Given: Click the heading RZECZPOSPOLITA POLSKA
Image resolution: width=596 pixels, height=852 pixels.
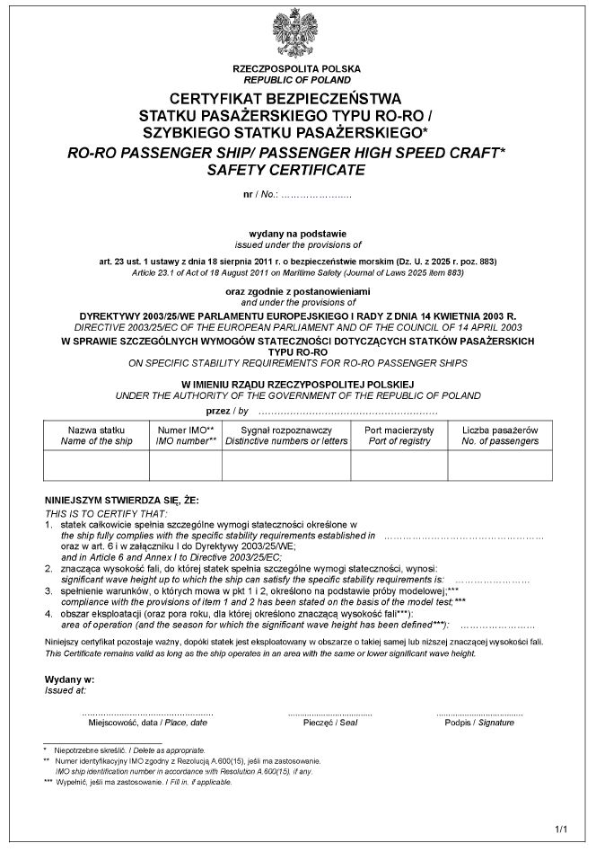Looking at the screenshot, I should coord(296,69).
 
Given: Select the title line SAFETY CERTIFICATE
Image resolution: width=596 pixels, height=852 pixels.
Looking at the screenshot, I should coord(286,169).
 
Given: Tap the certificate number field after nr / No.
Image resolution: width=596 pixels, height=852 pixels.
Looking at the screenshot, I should coord(316,195).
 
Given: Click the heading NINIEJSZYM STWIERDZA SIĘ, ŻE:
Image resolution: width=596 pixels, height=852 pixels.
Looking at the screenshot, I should coord(121,500).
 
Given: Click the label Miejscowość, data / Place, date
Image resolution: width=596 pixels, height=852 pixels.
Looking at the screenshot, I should coord(147,723).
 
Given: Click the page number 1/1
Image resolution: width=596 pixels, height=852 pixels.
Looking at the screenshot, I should coord(562,829).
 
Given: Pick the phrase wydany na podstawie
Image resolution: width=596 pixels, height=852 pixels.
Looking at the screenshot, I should coord(297,234).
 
